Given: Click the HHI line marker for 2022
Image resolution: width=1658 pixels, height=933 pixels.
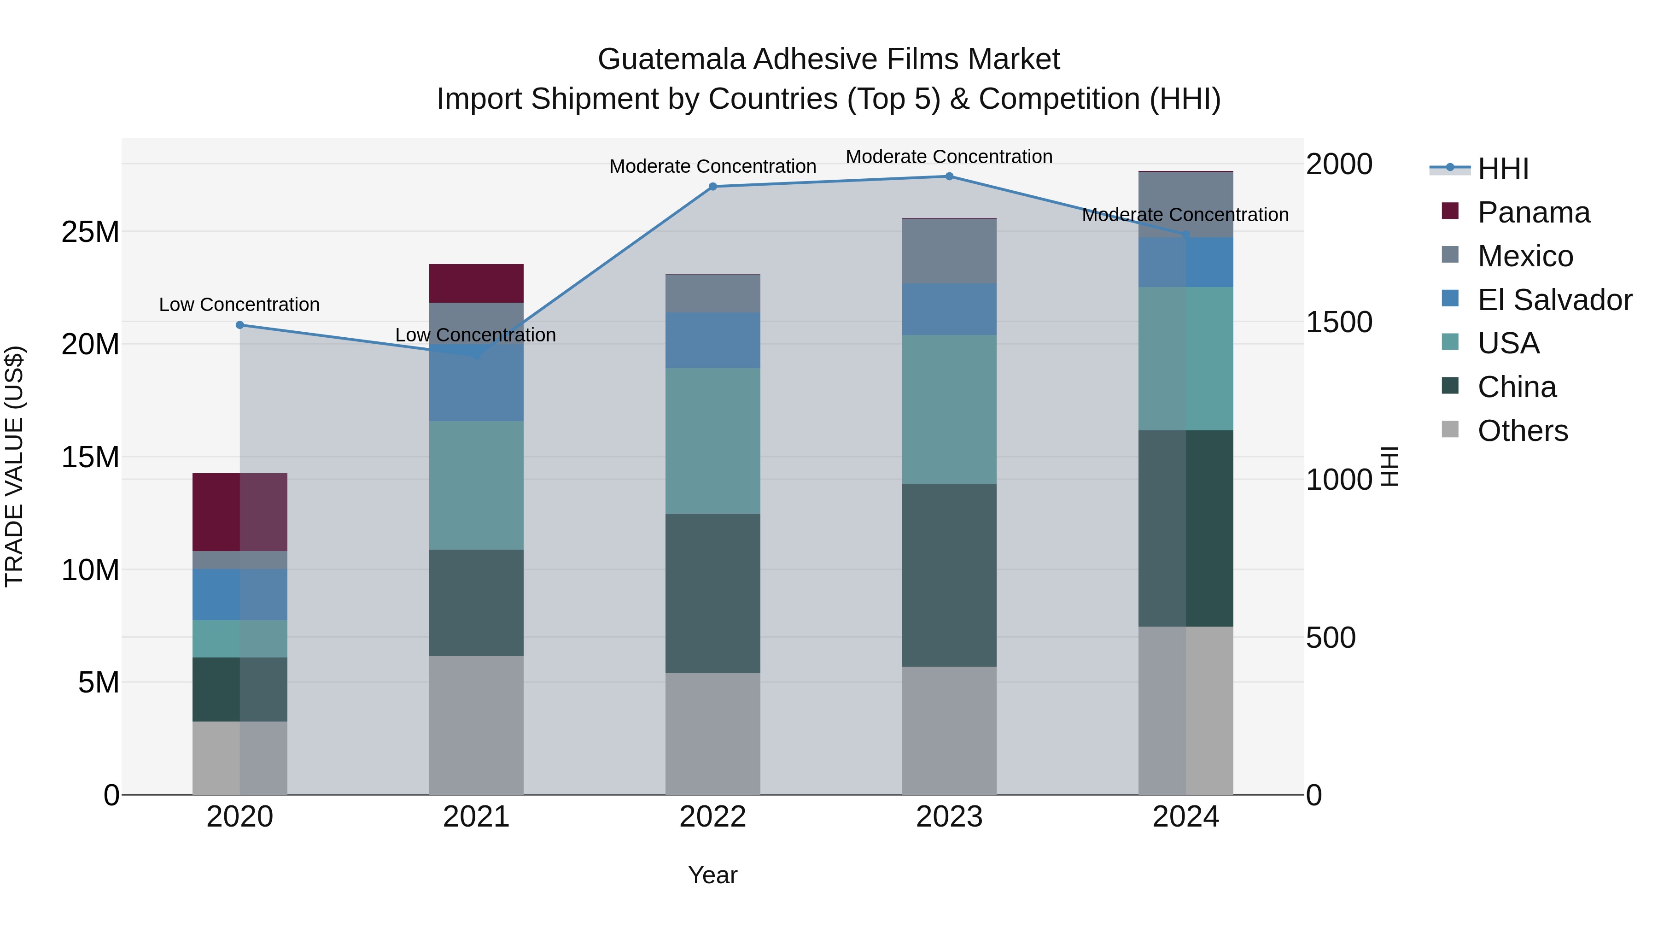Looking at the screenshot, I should (712, 187).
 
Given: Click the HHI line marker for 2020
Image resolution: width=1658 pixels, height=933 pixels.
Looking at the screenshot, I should (239, 325).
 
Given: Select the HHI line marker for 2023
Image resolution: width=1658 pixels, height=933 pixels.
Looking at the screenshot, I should (949, 176).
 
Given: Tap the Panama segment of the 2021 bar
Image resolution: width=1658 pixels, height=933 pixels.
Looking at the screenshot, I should (476, 283).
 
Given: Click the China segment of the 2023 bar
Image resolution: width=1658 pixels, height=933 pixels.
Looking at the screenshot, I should (949, 575).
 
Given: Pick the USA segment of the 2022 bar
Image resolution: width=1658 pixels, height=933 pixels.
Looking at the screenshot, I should (712, 441).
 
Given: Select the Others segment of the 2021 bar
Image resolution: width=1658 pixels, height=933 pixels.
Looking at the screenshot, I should (476, 725).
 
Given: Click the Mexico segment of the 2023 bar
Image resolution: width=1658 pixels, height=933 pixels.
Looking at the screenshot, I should (949, 251).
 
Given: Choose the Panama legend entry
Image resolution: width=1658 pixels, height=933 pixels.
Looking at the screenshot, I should (1533, 212).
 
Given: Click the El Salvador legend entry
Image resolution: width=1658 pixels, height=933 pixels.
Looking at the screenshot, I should (1554, 300).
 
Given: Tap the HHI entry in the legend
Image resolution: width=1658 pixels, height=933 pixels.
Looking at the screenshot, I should (1502, 169).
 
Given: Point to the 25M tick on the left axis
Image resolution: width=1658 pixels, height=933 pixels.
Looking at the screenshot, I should (90, 232).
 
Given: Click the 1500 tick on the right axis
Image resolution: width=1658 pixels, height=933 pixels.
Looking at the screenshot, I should (1339, 322).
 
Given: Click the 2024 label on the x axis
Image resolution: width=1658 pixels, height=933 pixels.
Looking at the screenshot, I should (1185, 817).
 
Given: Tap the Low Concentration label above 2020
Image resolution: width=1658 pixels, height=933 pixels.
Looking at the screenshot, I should (239, 305).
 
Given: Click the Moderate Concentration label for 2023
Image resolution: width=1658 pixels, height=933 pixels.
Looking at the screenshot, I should (949, 157).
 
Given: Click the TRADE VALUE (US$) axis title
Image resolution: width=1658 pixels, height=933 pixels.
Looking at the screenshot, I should (14, 466).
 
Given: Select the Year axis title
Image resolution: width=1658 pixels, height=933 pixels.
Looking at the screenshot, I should (712, 875).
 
